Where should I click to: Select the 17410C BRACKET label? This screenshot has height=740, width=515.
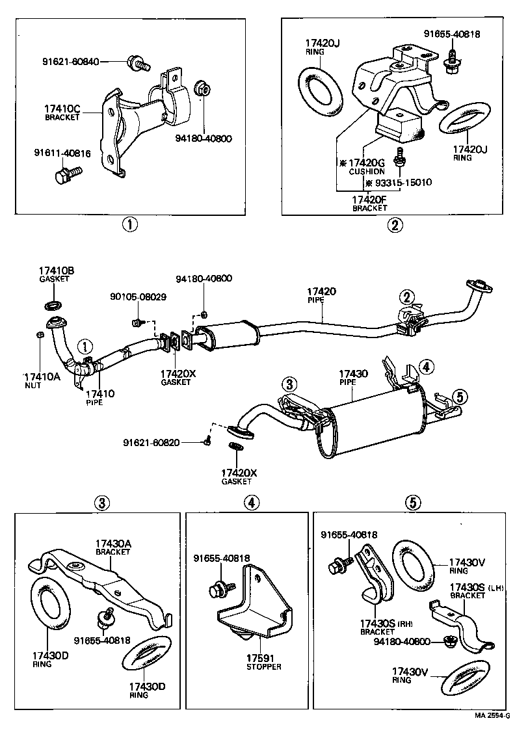62,112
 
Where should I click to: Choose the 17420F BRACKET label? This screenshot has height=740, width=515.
369,203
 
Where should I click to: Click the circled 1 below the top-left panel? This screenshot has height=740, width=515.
130,225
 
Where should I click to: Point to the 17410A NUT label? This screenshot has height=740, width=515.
41,380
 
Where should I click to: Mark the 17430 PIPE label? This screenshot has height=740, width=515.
353,378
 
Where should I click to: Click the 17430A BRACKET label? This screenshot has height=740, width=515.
113,547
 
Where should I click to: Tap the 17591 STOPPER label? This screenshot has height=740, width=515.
264,662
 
